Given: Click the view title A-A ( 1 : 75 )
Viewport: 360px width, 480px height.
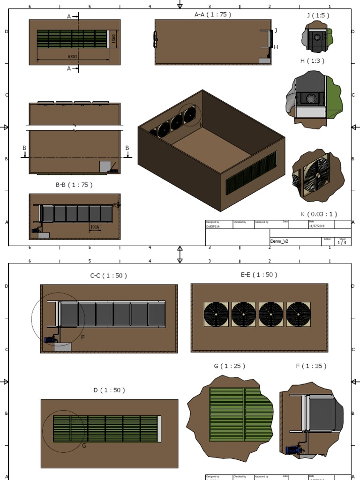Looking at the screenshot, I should (213, 15).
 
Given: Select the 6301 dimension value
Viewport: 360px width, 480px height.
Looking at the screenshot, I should (73, 56).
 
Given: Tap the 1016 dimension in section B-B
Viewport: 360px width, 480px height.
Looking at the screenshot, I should (95, 227).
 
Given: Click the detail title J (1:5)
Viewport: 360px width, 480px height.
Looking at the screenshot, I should (318, 15).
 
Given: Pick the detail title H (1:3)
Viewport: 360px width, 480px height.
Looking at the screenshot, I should (312, 61).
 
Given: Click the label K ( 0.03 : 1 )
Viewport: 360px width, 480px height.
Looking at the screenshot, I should (319, 214).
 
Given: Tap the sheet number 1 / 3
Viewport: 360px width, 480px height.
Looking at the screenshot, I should (342, 242).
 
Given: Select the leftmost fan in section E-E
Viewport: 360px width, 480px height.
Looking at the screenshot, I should (216, 314).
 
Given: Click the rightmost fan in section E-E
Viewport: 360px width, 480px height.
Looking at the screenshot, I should (299, 314).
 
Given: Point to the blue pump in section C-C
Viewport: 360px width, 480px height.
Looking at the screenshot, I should (49, 339).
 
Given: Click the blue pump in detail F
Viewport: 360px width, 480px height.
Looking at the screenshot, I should (294, 450).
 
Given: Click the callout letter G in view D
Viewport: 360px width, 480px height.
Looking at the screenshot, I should (84, 445).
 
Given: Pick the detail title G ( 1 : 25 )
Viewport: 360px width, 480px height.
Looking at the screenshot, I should (229, 366).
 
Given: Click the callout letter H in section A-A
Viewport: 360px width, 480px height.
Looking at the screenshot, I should (276, 47).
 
